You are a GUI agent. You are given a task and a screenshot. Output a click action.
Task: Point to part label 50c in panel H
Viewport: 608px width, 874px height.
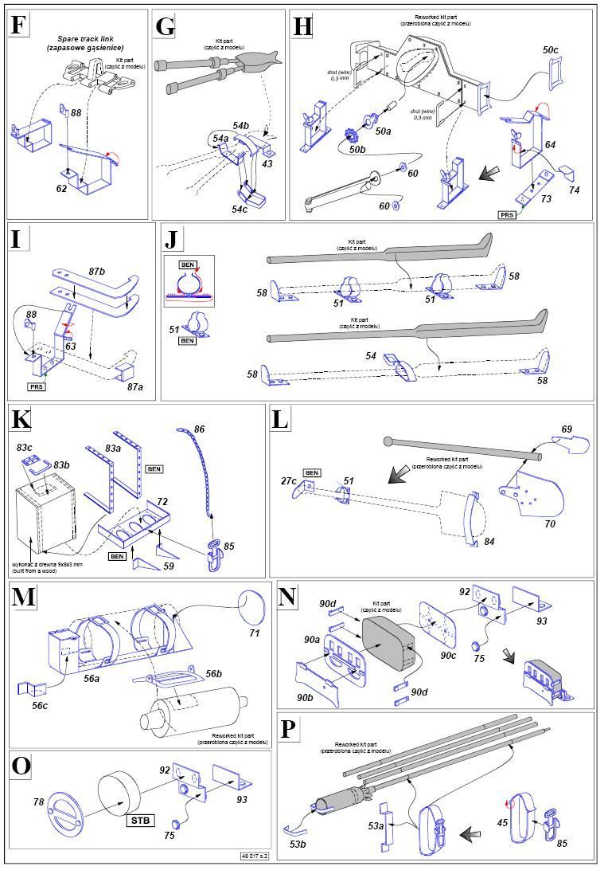click(551, 49)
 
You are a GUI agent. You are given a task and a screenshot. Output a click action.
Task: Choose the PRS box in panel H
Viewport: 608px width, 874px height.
click(507, 214)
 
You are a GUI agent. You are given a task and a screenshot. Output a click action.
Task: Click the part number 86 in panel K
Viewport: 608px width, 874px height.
click(199, 429)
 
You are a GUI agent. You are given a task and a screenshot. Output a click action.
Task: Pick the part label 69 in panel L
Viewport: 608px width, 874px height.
click(566, 429)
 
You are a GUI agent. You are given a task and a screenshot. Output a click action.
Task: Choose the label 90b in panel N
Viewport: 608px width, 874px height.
click(306, 697)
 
